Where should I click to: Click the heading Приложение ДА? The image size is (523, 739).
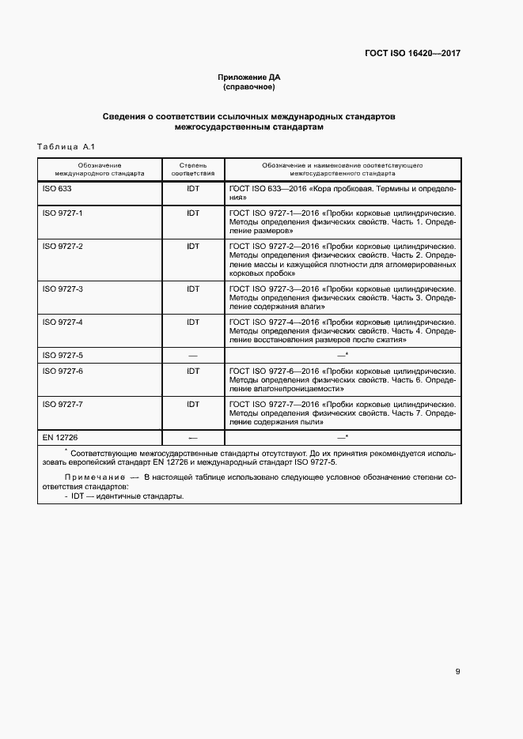[249, 77]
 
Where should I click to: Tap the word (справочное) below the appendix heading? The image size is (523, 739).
[249, 87]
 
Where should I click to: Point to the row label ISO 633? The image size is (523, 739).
[57, 190]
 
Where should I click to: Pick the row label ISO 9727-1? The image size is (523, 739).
[63, 213]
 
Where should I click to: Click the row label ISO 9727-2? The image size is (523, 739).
[63, 247]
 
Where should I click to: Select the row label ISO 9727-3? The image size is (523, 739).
[63, 289]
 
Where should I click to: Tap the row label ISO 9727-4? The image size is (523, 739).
[63, 322]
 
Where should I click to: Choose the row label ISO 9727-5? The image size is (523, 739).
[63, 356]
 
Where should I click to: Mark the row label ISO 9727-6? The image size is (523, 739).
[63, 371]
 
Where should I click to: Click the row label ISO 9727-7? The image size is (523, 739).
[63, 404]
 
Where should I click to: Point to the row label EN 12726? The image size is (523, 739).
[60, 437]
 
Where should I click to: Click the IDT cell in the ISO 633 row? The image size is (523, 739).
[192, 190]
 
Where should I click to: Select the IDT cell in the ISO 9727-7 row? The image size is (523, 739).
[192, 404]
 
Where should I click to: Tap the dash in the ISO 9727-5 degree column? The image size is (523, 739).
[192, 356]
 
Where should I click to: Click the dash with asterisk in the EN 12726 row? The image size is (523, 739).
[343, 437]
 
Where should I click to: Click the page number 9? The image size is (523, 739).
[457, 672]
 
